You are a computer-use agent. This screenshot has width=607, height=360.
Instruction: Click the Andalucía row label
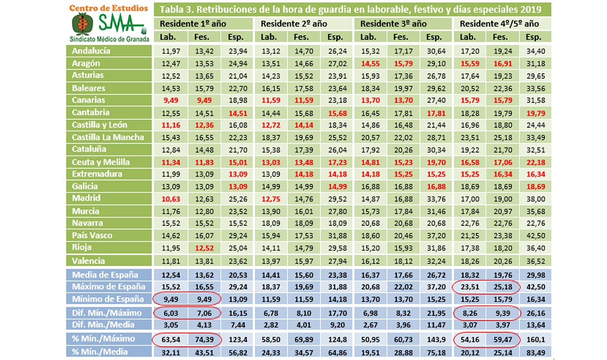pyautogui.click(x=92, y=51)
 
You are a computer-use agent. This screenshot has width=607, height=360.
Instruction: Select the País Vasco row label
pyautogui.click(x=92, y=235)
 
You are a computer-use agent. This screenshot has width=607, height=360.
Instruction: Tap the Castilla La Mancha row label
pyautogui.click(x=108, y=137)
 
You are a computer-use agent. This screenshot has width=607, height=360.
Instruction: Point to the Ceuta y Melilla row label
pyautogui.click(x=101, y=162)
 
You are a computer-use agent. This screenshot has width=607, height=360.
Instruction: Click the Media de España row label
pyautogui.click(x=105, y=275)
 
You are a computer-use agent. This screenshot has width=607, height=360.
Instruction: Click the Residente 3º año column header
pyautogui.click(x=394, y=24)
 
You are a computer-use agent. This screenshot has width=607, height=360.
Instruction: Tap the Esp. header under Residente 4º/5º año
pyautogui.click(x=534, y=37)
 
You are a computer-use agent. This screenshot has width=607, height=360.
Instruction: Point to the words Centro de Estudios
pyautogui.click(x=108, y=8)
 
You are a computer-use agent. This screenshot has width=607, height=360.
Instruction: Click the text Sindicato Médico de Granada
pyautogui.click(x=108, y=39)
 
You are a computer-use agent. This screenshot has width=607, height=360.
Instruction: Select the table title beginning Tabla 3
pyautogui.click(x=352, y=9)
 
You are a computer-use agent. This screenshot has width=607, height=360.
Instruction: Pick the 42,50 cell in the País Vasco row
pyautogui.click(x=534, y=235)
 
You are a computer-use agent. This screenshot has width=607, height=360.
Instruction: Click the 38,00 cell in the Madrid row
pyautogui.click(x=534, y=198)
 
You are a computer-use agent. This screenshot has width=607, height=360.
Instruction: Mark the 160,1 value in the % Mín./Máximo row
pyautogui.click(x=534, y=338)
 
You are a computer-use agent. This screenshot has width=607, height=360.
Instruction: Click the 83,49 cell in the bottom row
pyautogui.click(x=534, y=352)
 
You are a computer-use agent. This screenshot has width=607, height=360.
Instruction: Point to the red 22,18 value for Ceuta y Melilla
pyautogui.click(x=534, y=162)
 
